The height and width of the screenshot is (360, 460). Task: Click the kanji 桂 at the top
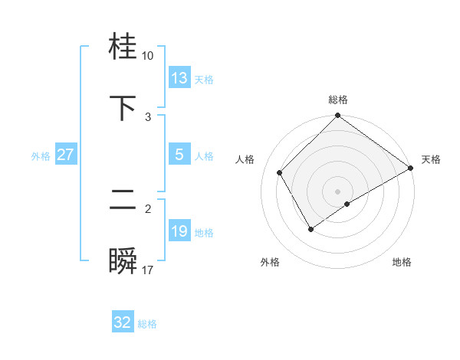[x=123, y=48]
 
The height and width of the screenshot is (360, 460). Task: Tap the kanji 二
[x=123, y=200]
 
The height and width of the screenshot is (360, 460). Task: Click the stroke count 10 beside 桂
[x=147, y=56]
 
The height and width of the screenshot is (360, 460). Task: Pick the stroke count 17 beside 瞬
[x=147, y=270]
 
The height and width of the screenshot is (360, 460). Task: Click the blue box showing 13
[x=179, y=78]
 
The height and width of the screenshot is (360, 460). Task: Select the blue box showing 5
[x=179, y=155]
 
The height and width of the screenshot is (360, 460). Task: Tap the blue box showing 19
[x=179, y=231]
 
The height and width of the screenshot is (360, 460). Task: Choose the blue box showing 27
[x=66, y=155]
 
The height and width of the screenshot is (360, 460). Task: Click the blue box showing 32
[x=123, y=322]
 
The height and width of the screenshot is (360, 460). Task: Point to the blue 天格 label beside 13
[x=204, y=80]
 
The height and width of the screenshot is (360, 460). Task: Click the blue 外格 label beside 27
[x=41, y=156]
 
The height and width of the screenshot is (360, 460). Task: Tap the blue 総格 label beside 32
[x=147, y=324]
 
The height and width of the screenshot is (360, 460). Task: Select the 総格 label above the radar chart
[x=338, y=100]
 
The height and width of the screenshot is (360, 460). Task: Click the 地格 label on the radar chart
[x=402, y=263]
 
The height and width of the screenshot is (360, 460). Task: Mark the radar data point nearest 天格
[x=410, y=169]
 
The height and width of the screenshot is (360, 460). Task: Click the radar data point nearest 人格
[x=280, y=172]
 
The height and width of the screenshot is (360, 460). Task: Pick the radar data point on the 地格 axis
[x=347, y=204]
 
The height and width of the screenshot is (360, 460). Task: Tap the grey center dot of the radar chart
[x=338, y=191]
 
